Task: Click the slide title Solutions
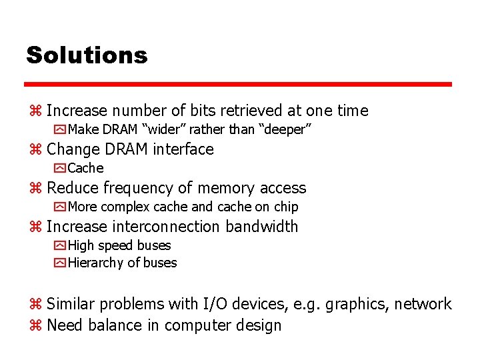[87, 55]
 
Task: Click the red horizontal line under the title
[238, 85]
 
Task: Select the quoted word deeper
[287, 129]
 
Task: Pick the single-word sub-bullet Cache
[85, 168]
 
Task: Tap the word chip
[286, 207]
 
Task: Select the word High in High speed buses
[81, 245]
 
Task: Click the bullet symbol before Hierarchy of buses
[60, 263]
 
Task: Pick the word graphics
[358, 305]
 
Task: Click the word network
[423, 304]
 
